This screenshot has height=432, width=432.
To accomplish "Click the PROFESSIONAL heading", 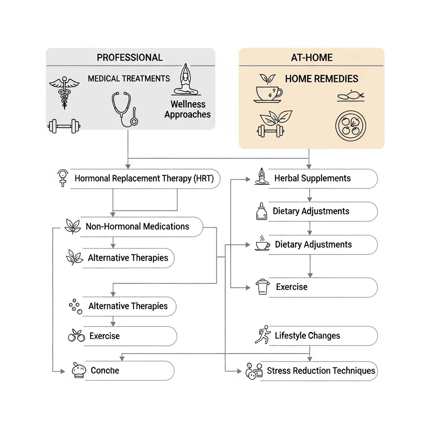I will point(130,57).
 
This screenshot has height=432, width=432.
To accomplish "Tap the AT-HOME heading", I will point(312,57).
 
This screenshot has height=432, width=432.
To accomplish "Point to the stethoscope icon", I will point(124,109).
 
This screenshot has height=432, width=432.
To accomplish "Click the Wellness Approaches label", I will point(187,109).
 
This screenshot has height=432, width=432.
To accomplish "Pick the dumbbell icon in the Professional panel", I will point(64,125).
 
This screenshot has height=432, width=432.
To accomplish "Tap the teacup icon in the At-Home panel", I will point(267,94).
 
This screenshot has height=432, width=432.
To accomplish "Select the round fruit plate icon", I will point(351,127).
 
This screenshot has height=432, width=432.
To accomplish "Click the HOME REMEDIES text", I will point(321,79).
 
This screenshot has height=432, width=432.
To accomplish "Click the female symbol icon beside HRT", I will point(63,178).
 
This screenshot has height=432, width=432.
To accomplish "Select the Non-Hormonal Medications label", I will point(137,227).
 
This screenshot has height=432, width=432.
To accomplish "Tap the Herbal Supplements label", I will point(312,178).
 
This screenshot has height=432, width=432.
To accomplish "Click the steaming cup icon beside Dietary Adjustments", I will point(262,243).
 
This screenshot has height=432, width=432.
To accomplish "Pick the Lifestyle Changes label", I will point(307,336).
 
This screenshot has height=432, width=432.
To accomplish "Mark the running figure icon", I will point(262,335).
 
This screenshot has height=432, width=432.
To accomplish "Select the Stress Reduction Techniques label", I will point(321,371).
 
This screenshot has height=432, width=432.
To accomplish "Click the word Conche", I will point(105,371).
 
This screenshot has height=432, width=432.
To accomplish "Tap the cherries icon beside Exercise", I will point(76,336).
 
